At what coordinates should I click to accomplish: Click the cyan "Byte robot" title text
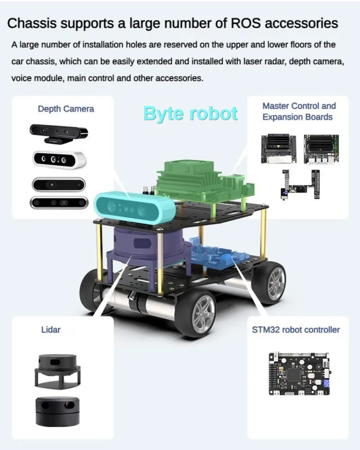pos(190,113)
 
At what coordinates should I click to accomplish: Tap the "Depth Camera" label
pos(66,109)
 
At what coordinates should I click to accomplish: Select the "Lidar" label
pos(50,330)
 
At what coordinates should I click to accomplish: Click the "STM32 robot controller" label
pos(296,330)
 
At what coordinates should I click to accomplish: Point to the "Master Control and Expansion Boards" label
pos(299,111)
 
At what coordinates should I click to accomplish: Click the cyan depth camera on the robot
pos(134,207)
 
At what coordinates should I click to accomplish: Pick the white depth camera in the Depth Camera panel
pos(58,159)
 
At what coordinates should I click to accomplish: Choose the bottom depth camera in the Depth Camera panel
pos(58,202)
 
